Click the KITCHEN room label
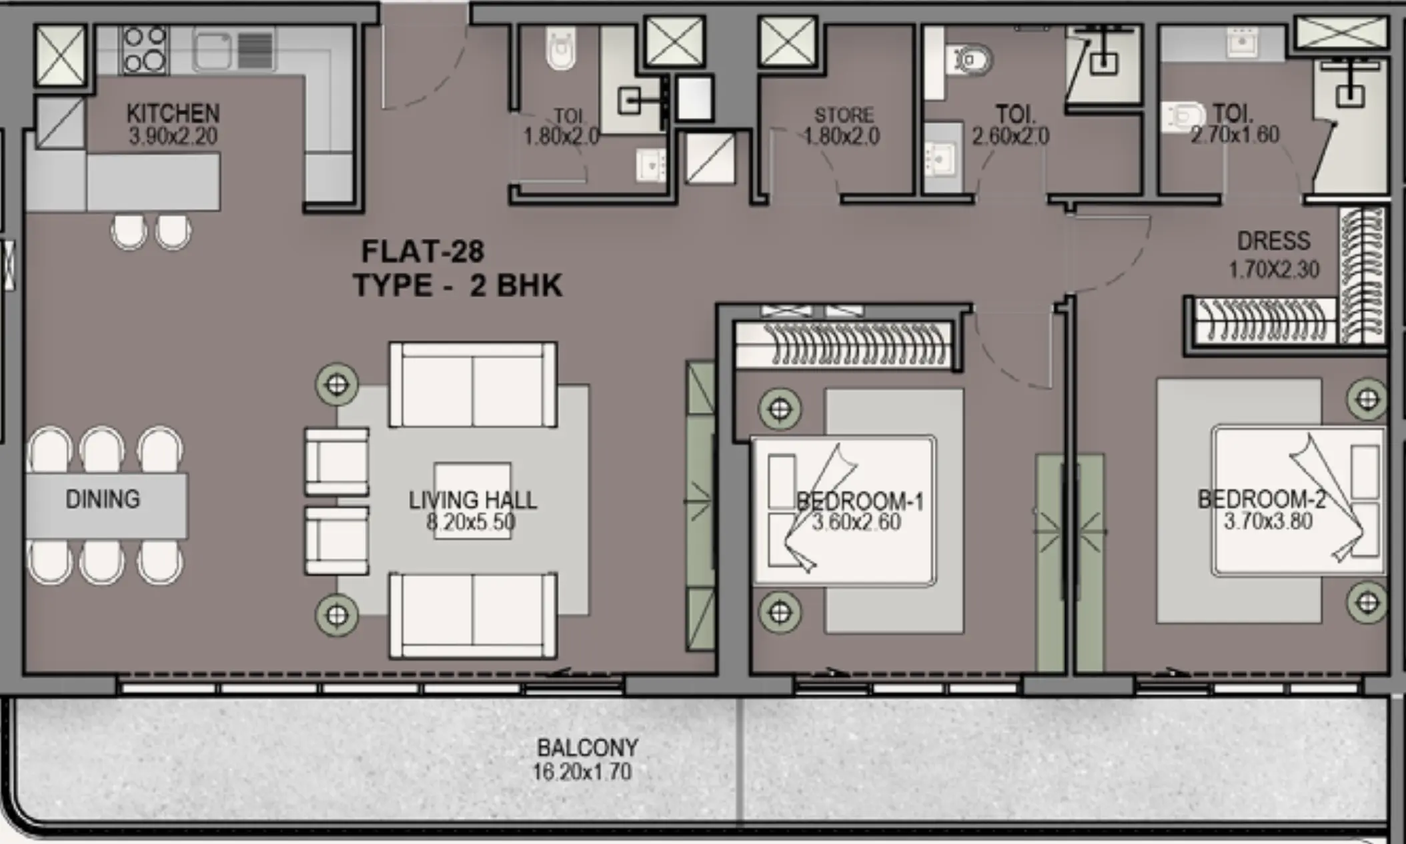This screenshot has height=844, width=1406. (173, 113)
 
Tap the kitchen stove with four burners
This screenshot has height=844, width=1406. (144, 49)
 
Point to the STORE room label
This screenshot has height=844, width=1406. (844, 115)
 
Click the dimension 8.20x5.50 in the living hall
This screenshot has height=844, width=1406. (471, 522)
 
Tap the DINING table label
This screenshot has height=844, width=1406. (103, 499)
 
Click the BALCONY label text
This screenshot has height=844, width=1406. (588, 747)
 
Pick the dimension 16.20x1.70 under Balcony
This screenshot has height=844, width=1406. (582, 772)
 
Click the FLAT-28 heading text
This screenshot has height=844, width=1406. (423, 252)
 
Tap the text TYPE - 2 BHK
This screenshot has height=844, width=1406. (458, 286)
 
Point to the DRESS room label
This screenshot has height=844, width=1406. (1273, 241)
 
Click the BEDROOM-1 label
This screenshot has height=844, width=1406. (860, 501)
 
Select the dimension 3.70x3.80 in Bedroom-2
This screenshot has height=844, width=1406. (1268, 521)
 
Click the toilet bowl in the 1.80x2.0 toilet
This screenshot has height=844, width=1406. (560, 49)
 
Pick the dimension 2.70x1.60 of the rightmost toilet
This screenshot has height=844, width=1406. (1235, 135)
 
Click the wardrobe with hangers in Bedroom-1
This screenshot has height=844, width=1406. (844, 345)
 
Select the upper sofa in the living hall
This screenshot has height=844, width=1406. (473, 385)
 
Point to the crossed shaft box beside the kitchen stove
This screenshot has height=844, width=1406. (60, 55)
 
